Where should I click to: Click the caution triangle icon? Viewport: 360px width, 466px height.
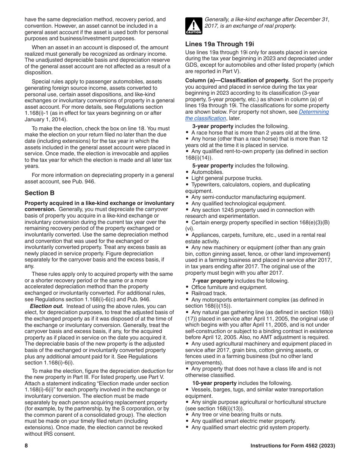coord(194,26)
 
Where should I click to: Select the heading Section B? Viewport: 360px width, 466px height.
coord(37,193)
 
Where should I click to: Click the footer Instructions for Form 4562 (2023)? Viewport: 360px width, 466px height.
coord(293,446)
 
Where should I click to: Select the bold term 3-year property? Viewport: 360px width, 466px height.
coord(213,126)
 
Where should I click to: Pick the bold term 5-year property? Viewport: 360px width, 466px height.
coord(213,166)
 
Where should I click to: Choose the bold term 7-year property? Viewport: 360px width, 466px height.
coord(213,281)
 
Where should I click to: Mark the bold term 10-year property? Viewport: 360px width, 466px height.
coord(214,383)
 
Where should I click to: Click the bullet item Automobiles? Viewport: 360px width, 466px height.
coord(207,172)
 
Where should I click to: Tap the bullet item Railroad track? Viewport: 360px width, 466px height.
coord(209,293)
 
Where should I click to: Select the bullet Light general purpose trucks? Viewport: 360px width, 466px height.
coord(227,178)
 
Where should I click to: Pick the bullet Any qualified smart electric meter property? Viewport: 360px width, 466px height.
coord(243,421)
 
